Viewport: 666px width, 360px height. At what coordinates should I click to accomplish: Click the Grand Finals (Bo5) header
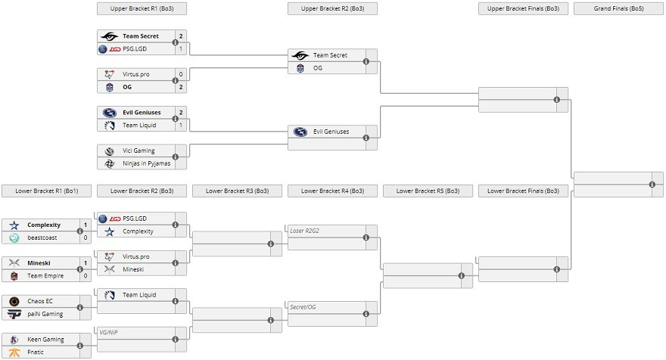click(x=618, y=8)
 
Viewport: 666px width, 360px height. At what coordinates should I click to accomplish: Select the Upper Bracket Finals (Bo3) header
click(x=523, y=8)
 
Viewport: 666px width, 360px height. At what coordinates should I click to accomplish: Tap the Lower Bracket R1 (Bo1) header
click(x=47, y=191)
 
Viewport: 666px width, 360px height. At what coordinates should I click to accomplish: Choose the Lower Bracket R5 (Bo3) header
click(x=428, y=191)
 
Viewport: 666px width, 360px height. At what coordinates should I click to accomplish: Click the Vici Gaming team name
click(x=138, y=151)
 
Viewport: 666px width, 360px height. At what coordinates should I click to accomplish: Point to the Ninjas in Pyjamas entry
click(x=147, y=163)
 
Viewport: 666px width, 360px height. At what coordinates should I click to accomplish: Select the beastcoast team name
click(x=42, y=237)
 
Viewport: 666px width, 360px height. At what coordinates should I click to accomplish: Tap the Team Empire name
click(x=45, y=276)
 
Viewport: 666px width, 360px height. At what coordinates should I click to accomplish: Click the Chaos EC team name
click(x=40, y=301)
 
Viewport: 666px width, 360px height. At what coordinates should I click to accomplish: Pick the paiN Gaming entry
click(x=45, y=314)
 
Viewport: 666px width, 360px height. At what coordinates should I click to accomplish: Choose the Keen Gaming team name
click(x=45, y=339)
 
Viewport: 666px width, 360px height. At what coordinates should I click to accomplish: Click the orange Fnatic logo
click(x=14, y=352)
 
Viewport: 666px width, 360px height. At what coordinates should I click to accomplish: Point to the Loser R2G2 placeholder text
click(x=304, y=231)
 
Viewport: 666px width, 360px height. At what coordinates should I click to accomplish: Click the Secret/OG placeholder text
click(x=303, y=307)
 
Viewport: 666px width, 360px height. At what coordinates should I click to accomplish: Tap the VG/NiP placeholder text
click(x=108, y=333)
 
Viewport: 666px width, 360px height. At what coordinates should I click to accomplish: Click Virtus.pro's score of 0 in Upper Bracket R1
click(x=181, y=74)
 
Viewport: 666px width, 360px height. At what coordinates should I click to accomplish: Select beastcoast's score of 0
click(x=86, y=237)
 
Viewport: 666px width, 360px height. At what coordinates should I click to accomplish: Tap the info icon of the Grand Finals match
click(x=652, y=185)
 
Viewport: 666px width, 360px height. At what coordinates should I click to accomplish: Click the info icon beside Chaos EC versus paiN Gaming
click(x=80, y=307)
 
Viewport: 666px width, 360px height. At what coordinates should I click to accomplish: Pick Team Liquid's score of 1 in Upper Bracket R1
click(x=181, y=126)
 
